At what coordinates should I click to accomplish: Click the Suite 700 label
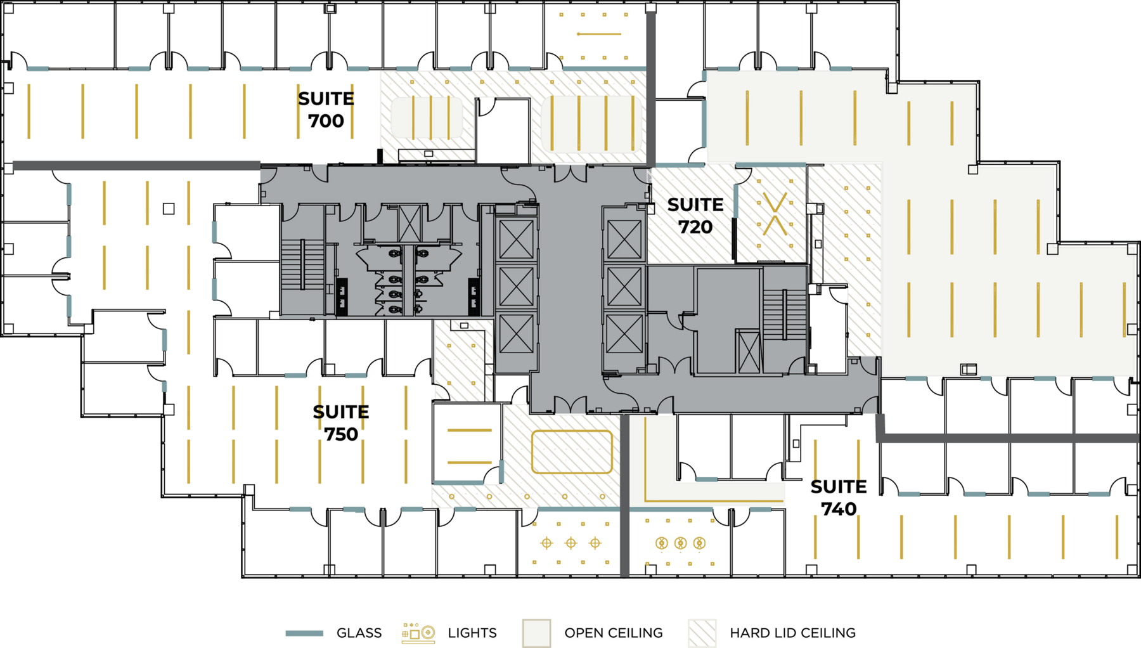(x=326, y=110)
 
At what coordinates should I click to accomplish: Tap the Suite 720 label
(x=695, y=216)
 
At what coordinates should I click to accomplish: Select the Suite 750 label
(x=340, y=423)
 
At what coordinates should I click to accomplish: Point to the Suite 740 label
(x=838, y=498)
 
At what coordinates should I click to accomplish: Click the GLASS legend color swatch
(x=304, y=633)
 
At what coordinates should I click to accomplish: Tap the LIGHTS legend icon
(x=418, y=633)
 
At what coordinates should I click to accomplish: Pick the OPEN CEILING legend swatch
(x=536, y=633)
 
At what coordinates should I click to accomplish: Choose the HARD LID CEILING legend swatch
(x=702, y=633)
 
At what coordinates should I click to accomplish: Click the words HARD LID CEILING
(x=792, y=633)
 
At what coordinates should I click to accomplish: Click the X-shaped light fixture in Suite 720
(x=774, y=214)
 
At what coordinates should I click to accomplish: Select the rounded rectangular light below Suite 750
(x=572, y=452)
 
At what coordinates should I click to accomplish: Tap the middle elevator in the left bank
(x=516, y=287)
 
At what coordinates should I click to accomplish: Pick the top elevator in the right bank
(x=624, y=240)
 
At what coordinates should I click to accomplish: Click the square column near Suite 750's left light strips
(x=169, y=209)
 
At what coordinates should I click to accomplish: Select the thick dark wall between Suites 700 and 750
(x=136, y=165)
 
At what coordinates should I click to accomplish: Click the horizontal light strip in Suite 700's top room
(x=599, y=34)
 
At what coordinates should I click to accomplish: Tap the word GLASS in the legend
(x=359, y=633)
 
